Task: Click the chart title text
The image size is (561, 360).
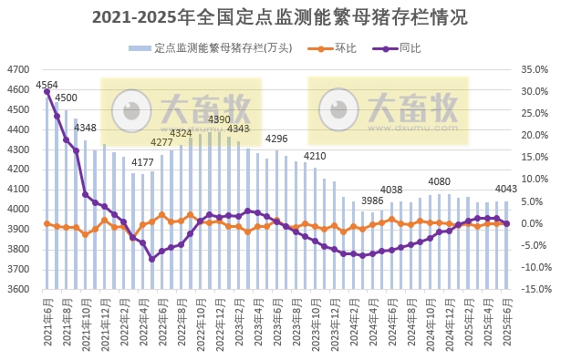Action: click(x=280, y=17)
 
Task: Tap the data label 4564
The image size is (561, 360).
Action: click(x=47, y=85)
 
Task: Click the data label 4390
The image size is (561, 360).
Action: click(x=220, y=119)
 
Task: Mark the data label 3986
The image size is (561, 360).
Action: click(x=372, y=201)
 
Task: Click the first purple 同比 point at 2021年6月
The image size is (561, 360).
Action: click(x=47, y=91)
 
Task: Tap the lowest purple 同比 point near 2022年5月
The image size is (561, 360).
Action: click(x=152, y=259)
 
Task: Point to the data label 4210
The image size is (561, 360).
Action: click(x=315, y=156)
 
